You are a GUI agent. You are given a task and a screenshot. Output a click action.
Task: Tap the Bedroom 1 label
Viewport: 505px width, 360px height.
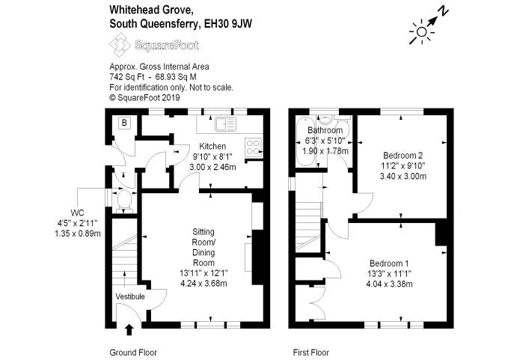389,263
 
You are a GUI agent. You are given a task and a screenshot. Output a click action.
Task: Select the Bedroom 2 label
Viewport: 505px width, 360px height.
403,155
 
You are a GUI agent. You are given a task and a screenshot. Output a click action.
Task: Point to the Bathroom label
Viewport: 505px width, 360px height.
324,129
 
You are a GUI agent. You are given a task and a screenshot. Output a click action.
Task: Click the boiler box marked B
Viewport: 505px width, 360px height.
124,123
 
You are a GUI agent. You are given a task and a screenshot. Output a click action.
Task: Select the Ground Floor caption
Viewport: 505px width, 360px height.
133,352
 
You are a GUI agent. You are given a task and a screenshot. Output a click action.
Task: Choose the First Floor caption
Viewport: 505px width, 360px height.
310,352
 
